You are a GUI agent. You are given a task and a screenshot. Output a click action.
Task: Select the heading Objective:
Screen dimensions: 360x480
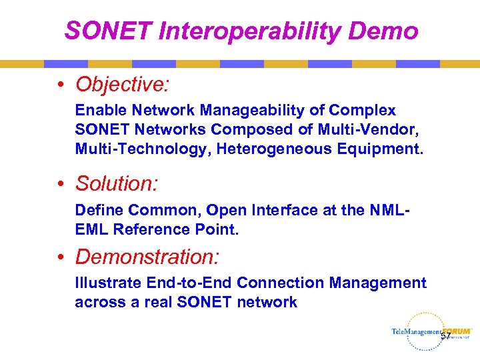tap(123, 85)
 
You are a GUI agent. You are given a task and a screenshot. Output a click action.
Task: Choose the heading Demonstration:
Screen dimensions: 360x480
tap(147, 257)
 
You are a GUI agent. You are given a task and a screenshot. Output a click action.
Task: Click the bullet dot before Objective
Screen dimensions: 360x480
tap(61, 85)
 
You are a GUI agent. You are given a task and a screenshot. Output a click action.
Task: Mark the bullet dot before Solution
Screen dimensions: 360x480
tap(61, 183)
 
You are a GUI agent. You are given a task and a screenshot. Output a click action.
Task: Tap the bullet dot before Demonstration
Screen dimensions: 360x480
tap(61, 257)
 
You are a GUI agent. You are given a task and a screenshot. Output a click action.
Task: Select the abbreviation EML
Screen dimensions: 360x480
tap(91, 229)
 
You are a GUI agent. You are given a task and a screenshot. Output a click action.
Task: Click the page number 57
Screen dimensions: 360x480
tap(445, 337)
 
